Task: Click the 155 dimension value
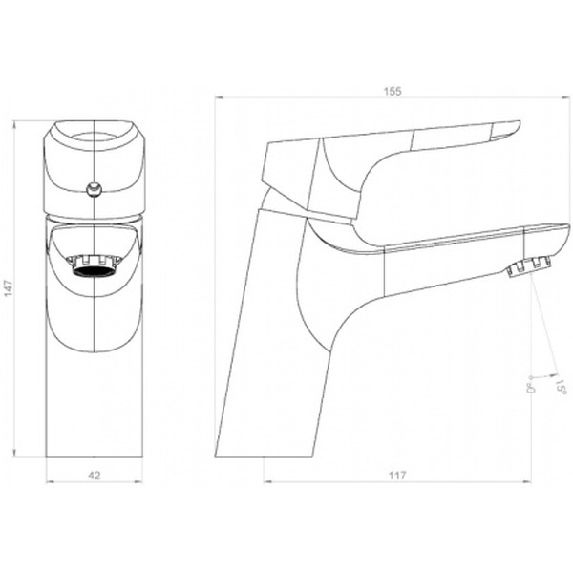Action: [x=393, y=91]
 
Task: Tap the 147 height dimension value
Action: [x=9, y=288]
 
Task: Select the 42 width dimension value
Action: [x=95, y=476]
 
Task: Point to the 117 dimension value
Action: [x=397, y=476]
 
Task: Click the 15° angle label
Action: [x=561, y=386]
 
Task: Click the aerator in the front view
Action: [x=94, y=266]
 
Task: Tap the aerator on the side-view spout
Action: [x=528, y=266]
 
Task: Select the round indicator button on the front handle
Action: [x=95, y=190]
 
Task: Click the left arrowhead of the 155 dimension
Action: [x=220, y=97]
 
